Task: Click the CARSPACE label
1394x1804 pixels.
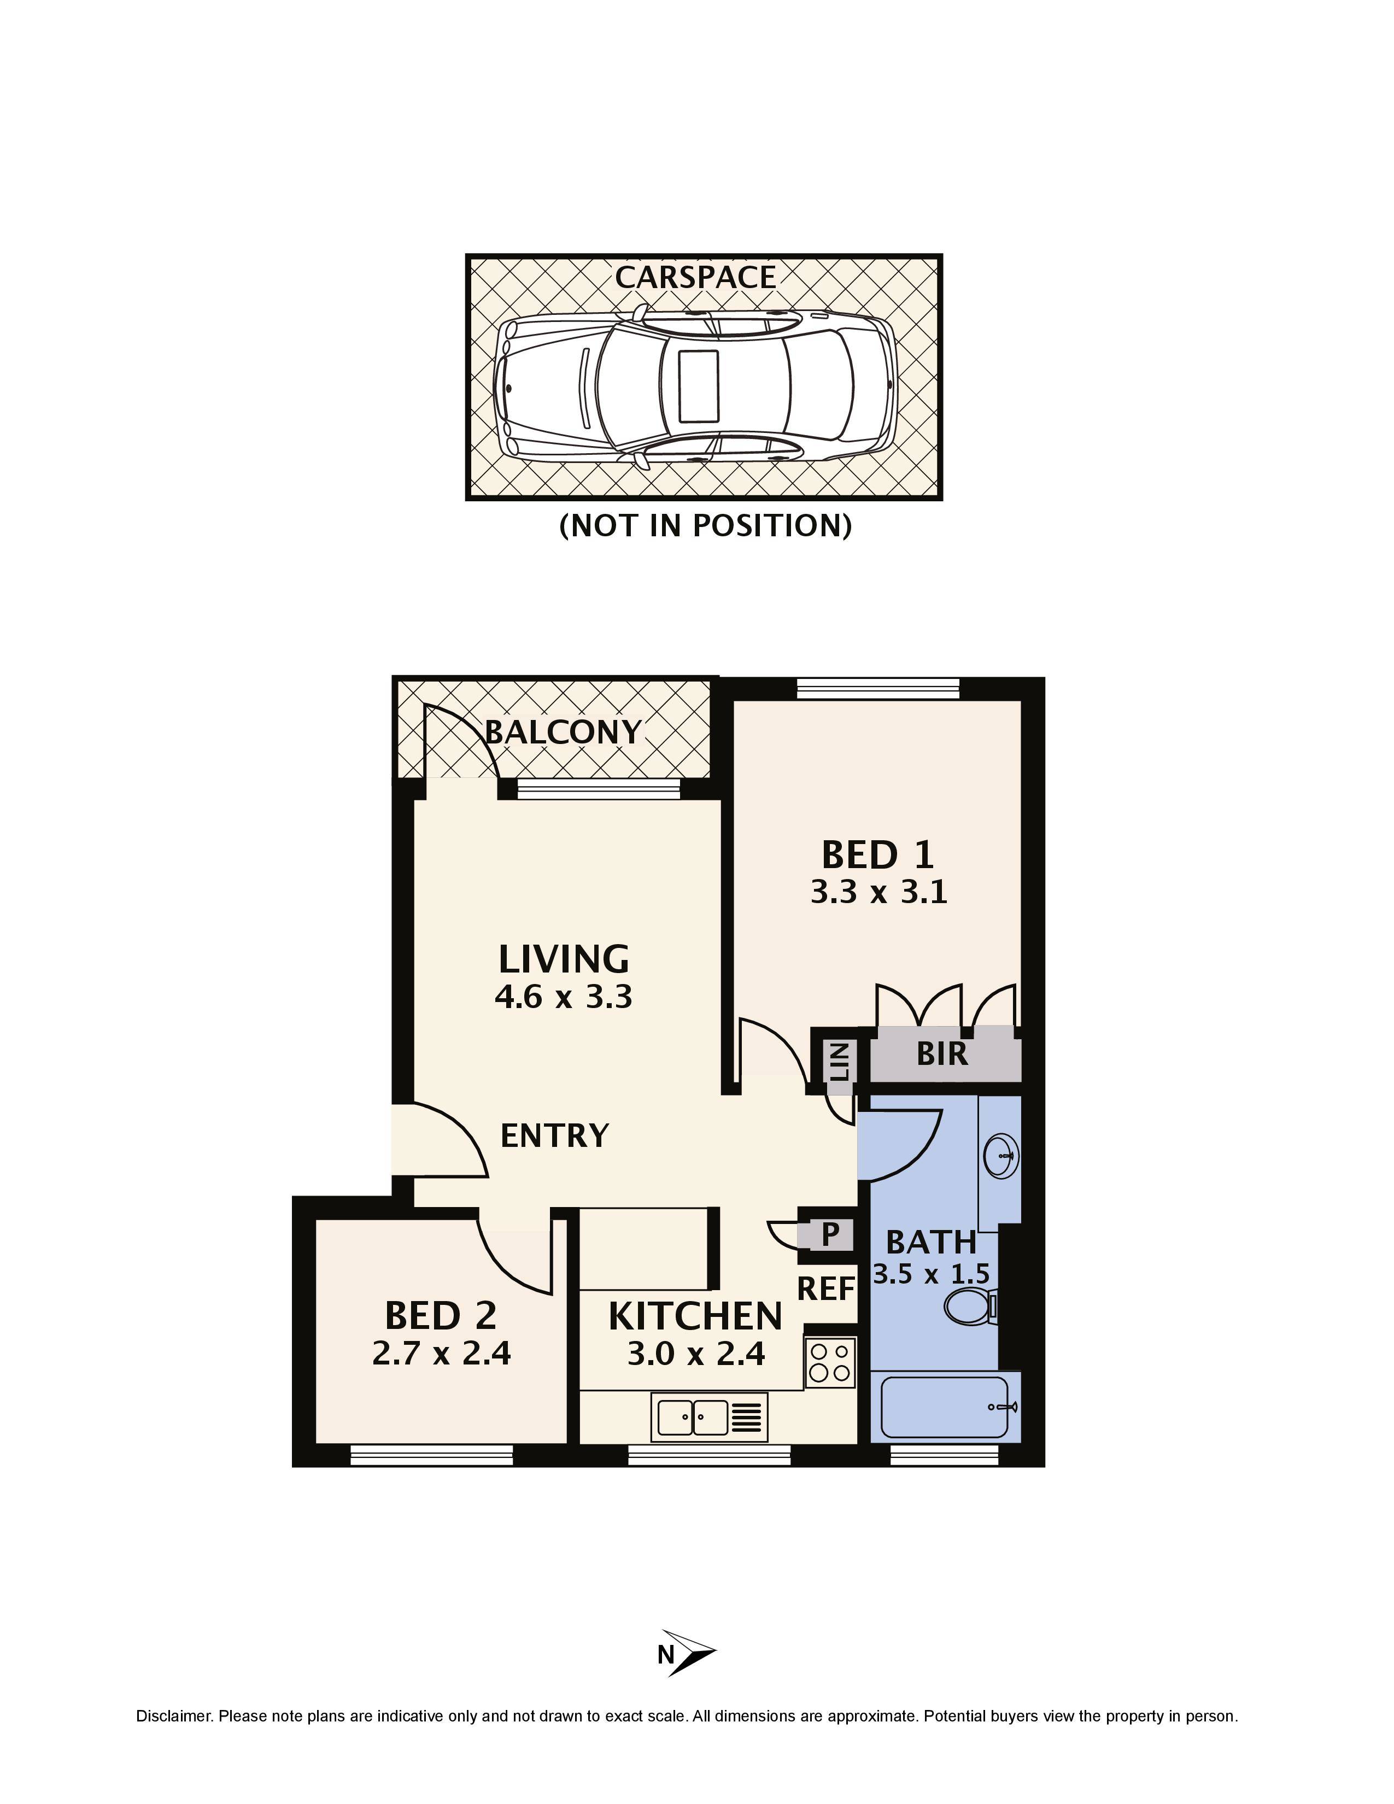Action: tap(695, 278)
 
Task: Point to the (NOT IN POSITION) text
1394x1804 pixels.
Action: tap(705, 525)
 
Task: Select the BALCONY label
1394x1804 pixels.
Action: tap(563, 732)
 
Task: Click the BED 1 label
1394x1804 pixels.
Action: tap(878, 855)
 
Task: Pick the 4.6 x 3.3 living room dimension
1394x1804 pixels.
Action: tap(563, 997)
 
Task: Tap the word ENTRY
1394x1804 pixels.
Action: tap(554, 1136)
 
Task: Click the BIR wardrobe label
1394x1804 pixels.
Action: tap(941, 1054)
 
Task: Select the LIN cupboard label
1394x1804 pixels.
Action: tap(839, 1062)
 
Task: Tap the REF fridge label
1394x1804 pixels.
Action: tap(826, 1288)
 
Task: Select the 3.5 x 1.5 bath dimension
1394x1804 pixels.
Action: tap(931, 1274)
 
